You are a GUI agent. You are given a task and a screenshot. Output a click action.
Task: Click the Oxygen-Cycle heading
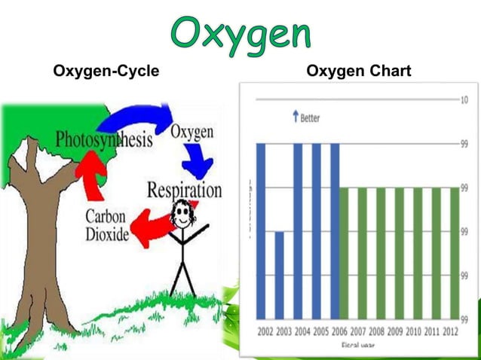pyautogui.click(x=106, y=72)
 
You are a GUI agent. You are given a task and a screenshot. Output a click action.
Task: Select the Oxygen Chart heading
pyautogui.click(x=358, y=72)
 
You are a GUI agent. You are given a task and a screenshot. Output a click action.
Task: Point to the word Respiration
pyautogui.click(x=185, y=188)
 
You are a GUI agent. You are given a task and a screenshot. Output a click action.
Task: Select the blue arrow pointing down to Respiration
pyautogui.click(x=198, y=160)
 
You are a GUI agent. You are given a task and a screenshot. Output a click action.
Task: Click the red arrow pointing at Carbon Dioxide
pyautogui.click(x=151, y=226)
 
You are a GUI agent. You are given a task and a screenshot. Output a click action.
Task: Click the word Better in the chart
pyautogui.click(x=310, y=118)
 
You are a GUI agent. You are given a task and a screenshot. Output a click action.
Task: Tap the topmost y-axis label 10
pyautogui.click(x=465, y=100)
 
